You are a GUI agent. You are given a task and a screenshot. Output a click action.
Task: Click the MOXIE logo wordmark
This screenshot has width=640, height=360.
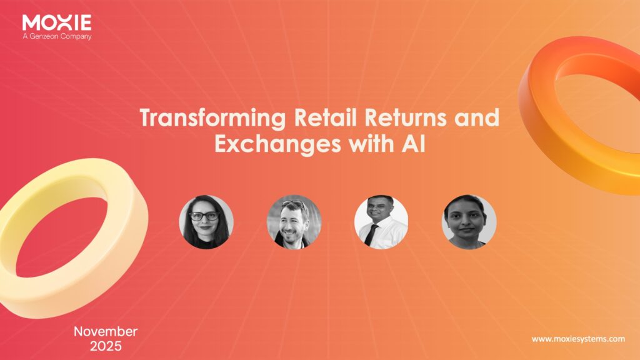pos(57,22)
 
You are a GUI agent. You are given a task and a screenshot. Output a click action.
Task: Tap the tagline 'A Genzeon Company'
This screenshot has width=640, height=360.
pos(57,36)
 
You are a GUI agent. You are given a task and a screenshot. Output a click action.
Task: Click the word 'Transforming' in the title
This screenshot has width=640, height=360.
pos(212,117)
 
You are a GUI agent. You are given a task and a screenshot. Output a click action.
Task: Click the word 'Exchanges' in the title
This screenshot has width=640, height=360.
pos(278,144)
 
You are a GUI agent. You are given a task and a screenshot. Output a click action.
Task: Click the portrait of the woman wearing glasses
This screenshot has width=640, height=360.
pos(206,222)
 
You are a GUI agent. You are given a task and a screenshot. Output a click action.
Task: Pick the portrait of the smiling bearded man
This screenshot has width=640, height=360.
pos(294,222)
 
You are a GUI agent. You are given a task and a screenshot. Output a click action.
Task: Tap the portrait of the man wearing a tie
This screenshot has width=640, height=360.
pos(381,222)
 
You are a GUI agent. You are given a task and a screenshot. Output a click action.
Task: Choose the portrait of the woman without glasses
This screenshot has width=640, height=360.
pos(469,222)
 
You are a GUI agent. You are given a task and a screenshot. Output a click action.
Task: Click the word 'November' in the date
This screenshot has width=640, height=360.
pos(106,331)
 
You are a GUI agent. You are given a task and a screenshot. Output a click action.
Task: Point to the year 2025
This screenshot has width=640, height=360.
pos(106,346)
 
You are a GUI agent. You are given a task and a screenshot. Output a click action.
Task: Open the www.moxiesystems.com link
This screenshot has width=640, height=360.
pos(578,339)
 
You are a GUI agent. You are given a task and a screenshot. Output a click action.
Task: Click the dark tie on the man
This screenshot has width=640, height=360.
pos(371,235)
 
